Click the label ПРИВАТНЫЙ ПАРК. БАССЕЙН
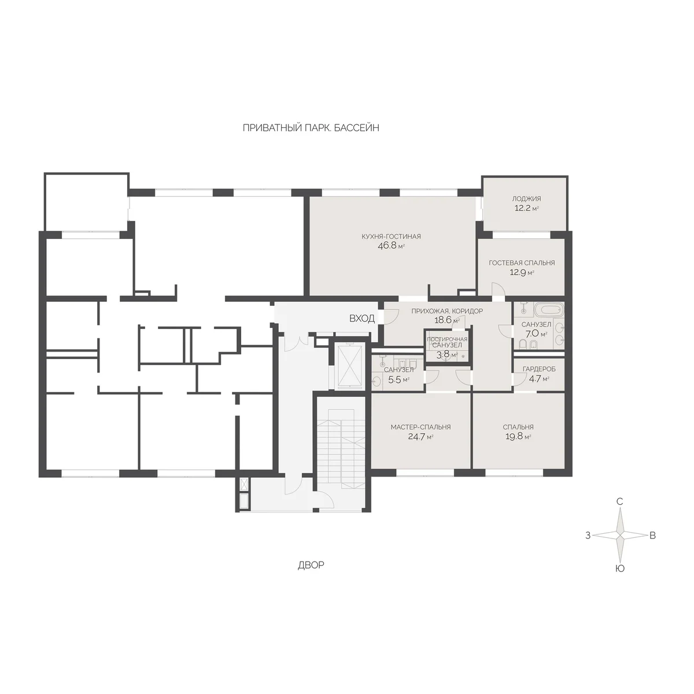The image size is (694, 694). [x=311, y=128]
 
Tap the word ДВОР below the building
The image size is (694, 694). [x=311, y=565]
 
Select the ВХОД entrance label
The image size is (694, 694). [x=362, y=318]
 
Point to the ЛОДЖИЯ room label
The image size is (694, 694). [x=526, y=198]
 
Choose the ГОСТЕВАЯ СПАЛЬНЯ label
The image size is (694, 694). [x=522, y=263]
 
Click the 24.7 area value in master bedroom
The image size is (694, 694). [x=417, y=437]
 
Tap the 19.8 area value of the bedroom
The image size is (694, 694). [x=515, y=437]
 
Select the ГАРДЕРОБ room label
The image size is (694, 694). [x=539, y=369]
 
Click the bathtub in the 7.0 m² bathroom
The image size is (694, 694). [x=548, y=309]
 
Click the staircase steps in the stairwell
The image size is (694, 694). [x=340, y=449]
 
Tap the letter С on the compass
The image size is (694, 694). [x=619, y=501]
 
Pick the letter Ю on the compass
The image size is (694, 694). [x=619, y=569]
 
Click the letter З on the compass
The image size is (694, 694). [x=588, y=536]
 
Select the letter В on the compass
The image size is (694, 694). [x=652, y=536]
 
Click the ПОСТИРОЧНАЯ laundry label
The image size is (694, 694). [x=447, y=339]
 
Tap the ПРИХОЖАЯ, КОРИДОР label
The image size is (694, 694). [x=447, y=311]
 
